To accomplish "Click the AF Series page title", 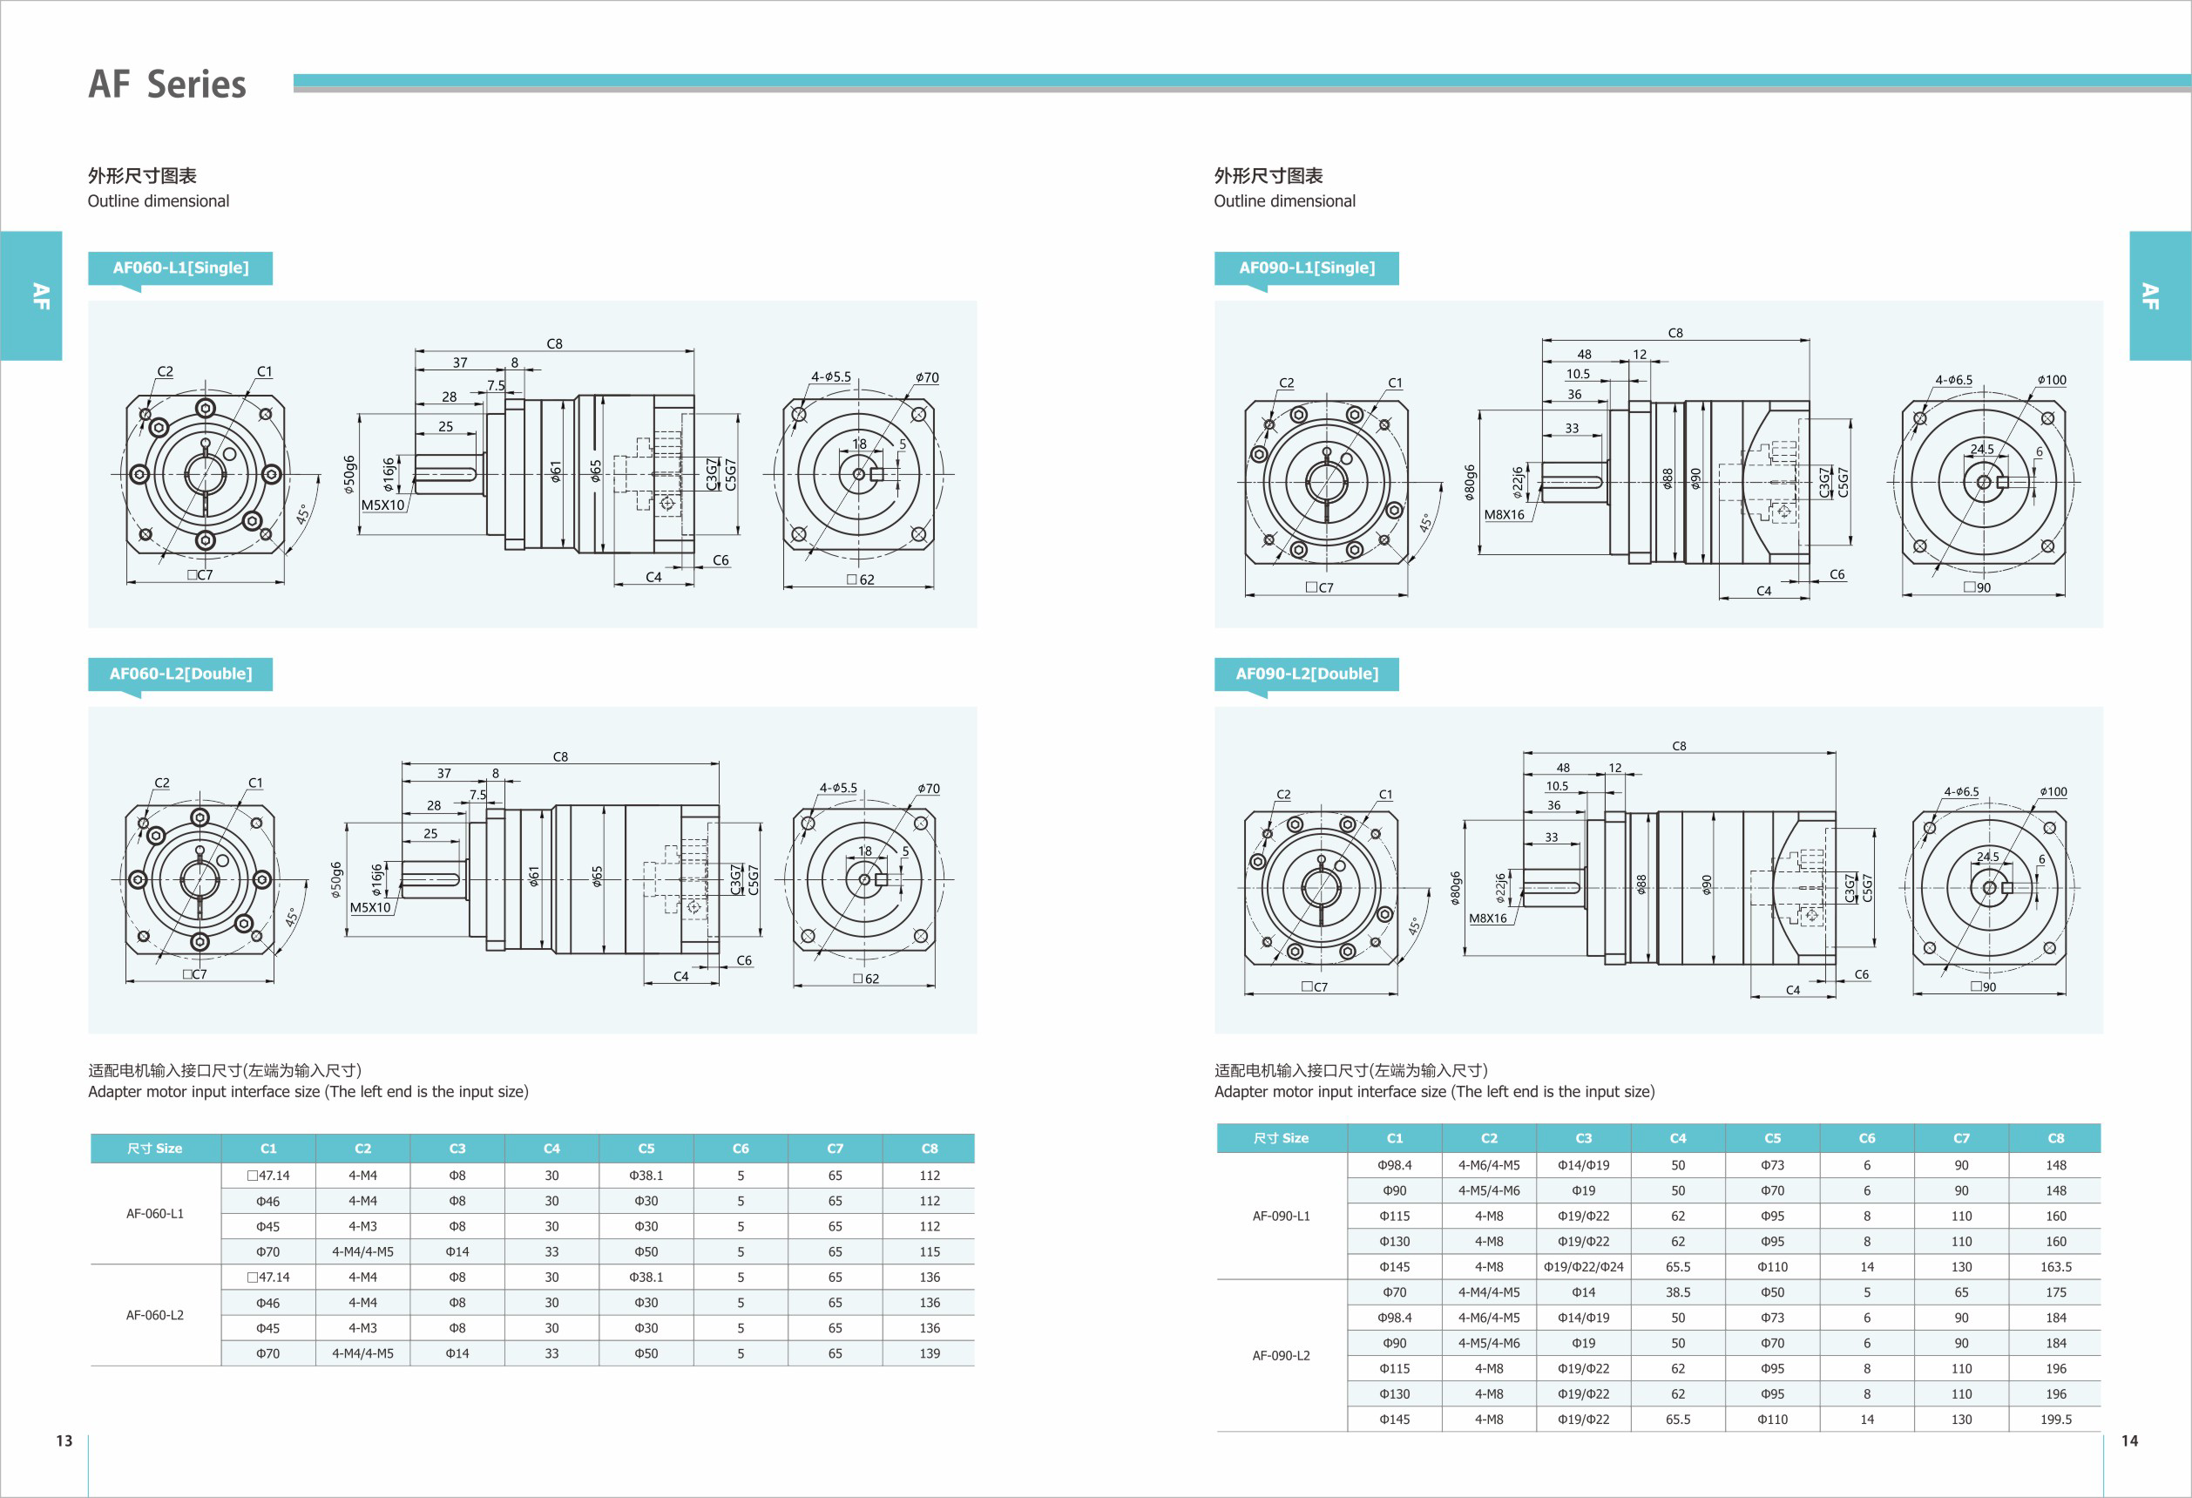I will click(x=167, y=84).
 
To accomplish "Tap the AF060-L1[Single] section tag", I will click(x=180, y=268).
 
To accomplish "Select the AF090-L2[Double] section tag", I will click(x=1306, y=674).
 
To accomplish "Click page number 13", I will click(x=64, y=1440).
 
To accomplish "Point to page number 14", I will click(x=2128, y=1440).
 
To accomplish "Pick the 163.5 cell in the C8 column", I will click(x=2055, y=1267).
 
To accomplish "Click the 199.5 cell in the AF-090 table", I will click(x=2055, y=1419).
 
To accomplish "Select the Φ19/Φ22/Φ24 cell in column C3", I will click(x=1583, y=1267).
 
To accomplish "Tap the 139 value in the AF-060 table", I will click(x=929, y=1352).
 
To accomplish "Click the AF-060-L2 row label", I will click(x=155, y=1315).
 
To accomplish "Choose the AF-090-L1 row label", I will click(x=1281, y=1216).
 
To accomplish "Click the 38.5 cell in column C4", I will click(x=1677, y=1292).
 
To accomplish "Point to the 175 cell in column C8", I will click(x=2055, y=1292).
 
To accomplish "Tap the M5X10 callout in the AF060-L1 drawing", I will click(x=382, y=505).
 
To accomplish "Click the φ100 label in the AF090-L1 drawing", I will click(x=2052, y=380).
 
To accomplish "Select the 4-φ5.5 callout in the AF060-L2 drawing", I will click(x=837, y=788).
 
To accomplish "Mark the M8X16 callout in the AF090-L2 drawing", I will click(x=1487, y=918).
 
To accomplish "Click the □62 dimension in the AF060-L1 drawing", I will click(x=860, y=580).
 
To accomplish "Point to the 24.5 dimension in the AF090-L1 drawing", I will click(x=1982, y=449).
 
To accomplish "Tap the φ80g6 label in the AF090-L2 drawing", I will click(x=1455, y=888).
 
